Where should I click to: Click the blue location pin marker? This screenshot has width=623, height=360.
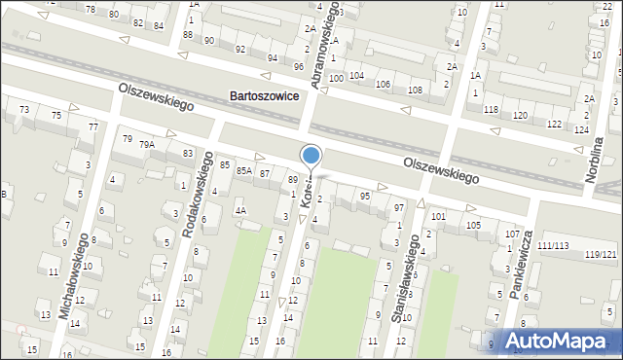(x=311, y=156)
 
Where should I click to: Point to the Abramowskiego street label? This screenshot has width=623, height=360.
(x=327, y=45)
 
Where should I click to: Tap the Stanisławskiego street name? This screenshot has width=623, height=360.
(x=410, y=285)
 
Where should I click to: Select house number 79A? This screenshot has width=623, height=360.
(x=147, y=144)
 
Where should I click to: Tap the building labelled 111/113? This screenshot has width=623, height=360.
(x=555, y=245)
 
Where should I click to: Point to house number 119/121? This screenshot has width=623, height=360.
(x=601, y=254)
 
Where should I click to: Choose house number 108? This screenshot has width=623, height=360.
(x=415, y=90)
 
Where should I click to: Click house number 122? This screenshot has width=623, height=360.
(x=554, y=123)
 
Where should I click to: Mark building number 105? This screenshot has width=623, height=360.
(x=473, y=225)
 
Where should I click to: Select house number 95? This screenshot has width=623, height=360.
(x=365, y=196)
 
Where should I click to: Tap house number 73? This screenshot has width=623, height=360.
(x=23, y=109)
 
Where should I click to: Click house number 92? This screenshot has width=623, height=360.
(x=240, y=49)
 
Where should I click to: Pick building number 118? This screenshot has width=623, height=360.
(x=491, y=109)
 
